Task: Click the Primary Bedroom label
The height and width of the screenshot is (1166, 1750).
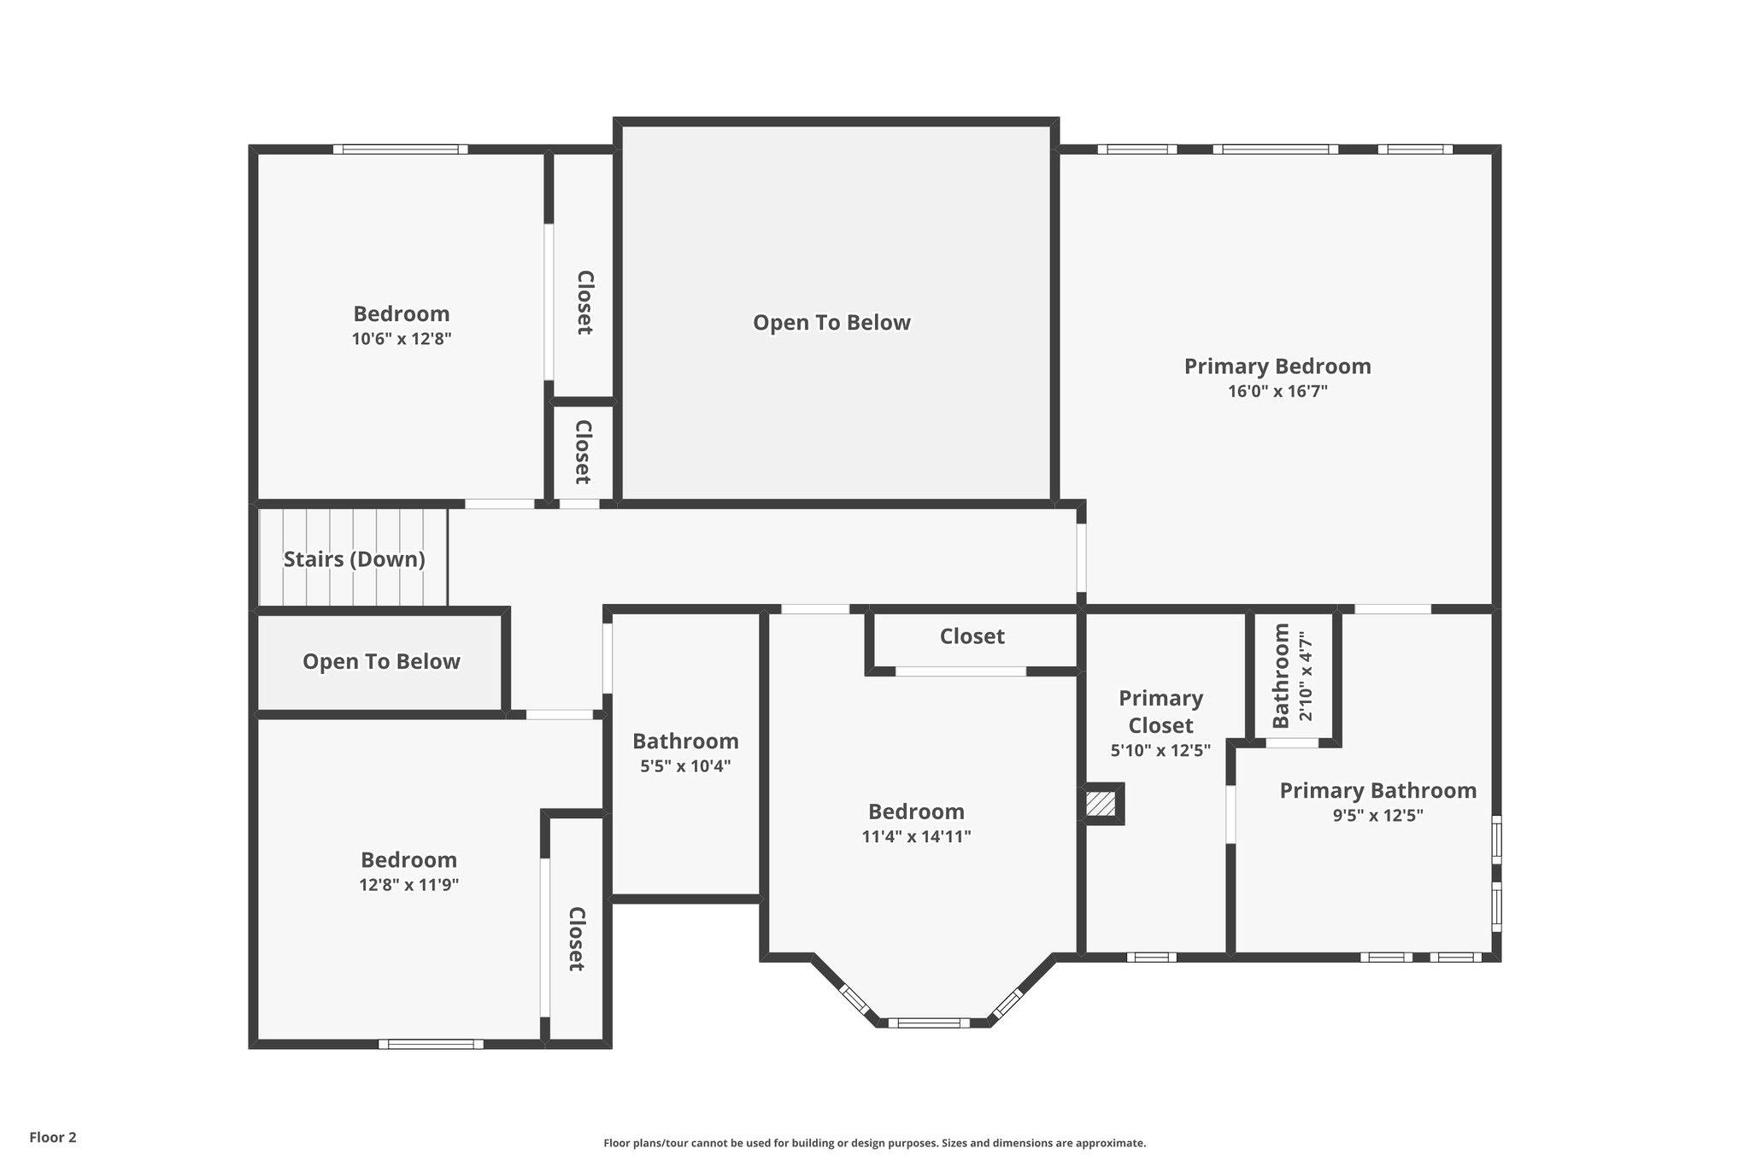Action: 1277,366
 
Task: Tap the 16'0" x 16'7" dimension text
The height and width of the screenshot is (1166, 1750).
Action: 1277,392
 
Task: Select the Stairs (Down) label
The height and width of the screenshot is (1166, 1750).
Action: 354,560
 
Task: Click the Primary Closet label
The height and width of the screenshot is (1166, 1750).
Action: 1160,712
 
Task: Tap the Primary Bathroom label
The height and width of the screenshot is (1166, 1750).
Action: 1377,790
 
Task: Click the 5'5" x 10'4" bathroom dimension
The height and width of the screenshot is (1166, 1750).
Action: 685,766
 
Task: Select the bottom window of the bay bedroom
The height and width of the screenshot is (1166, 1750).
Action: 928,1022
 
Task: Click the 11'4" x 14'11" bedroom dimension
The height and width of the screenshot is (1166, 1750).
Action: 916,836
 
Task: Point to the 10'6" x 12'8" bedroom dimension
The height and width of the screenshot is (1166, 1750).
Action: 401,339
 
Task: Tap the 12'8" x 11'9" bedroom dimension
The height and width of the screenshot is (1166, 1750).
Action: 408,885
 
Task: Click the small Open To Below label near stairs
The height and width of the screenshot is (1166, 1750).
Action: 381,662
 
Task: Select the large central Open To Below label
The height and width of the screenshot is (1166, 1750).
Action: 831,323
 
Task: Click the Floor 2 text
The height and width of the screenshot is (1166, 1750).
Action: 53,1137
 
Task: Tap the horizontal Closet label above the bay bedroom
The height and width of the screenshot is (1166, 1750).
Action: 972,636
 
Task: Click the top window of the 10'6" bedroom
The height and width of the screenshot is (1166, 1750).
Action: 400,149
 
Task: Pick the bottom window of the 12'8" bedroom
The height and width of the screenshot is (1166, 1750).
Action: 431,1044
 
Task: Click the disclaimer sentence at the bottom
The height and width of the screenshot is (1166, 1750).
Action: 874,1143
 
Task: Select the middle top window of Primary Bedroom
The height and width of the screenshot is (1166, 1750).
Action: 1276,149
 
